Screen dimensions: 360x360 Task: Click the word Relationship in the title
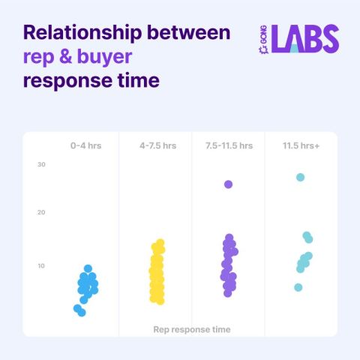pyautogui.click(x=82, y=33)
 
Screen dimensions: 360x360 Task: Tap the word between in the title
pyautogui.click(x=189, y=32)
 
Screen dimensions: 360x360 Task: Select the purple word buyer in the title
pyautogui.click(x=105, y=57)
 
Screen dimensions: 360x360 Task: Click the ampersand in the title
pyautogui.click(x=65, y=56)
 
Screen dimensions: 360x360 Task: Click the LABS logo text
pyautogui.click(x=305, y=39)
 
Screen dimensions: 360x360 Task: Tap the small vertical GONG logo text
pyautogui.click(x=263, y=39)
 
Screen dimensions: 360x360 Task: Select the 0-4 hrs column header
pyautogui.click(x=86, y=145)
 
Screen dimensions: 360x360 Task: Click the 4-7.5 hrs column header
pyautogui.click(x=158, y=145)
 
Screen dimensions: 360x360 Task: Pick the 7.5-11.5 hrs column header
pyautogui.click(x=229, y=145)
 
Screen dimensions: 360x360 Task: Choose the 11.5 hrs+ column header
pyautogui.click(x=301, y=145)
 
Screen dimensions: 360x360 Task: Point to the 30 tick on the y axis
pyautogui.click(x=41, y=164)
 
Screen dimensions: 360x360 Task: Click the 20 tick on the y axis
pyautogui.click(x=41, y=212)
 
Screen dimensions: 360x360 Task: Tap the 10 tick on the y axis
pyautogui.click(x=41, y=265)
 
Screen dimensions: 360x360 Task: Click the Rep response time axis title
pyautogui.click(x=192, y=329)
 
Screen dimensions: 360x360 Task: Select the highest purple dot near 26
pyautogui.click(x=228, y=184)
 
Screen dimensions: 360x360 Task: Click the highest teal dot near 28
pyautogui.click(x=300, y=177)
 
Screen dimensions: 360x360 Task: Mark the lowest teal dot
pyautogui.click(x=298, y=287)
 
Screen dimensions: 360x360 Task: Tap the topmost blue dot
pyautogui.click(x=88, y=268)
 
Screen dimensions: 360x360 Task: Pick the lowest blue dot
pyautogui.click(x=82, y=313)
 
